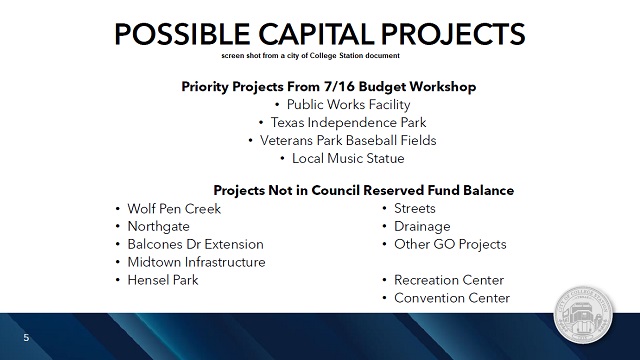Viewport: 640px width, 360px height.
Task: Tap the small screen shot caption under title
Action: (x=319, y=58)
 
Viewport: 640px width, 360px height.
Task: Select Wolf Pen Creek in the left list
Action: (x=174, y=208)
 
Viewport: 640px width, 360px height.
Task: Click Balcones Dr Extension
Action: (x=195, y=244)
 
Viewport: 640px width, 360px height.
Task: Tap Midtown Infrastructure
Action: (x=196, y=262)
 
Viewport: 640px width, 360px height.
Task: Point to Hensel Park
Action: (x=163, y=280)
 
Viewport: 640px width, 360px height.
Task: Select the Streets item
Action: (x=415, y=208)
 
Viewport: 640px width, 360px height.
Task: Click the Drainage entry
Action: (x=421, y=226)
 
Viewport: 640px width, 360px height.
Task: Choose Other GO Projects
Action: (x=450, y=244)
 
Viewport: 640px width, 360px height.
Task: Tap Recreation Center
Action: (x=448, y=280)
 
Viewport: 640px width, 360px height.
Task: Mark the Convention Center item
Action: (x=452, y=298)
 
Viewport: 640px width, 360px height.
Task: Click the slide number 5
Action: (x=26, y=338)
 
